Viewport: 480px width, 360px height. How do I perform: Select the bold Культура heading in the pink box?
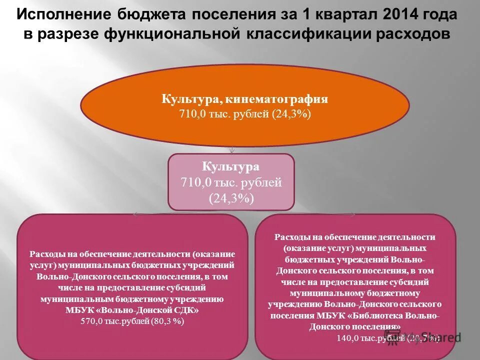(x=230, y=166)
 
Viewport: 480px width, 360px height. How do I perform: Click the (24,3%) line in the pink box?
(x=231, y=198)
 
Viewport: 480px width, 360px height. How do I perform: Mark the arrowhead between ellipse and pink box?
(x=231, y=150)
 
